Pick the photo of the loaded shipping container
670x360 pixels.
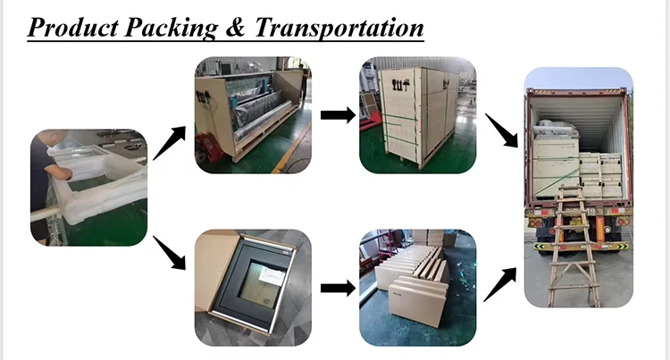pos(577,188)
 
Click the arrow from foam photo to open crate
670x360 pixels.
pos(170,144)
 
